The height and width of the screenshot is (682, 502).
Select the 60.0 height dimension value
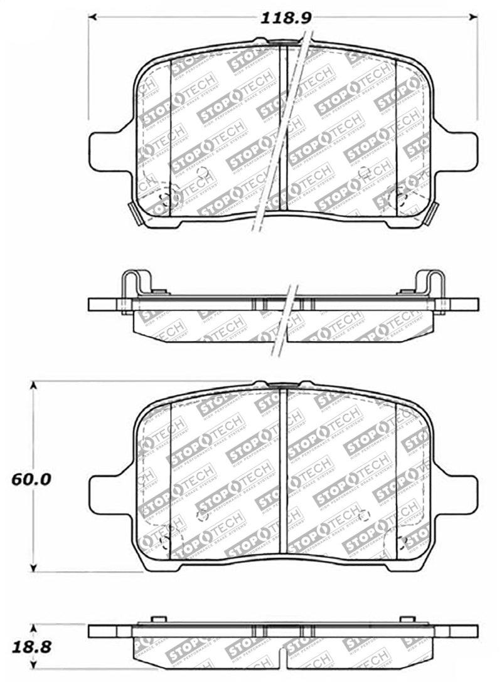click(x=31, y=480)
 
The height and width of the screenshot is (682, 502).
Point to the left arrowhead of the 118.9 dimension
click(x=92, y=17)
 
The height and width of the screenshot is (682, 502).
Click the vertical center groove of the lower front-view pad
click(x=283, y=470)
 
